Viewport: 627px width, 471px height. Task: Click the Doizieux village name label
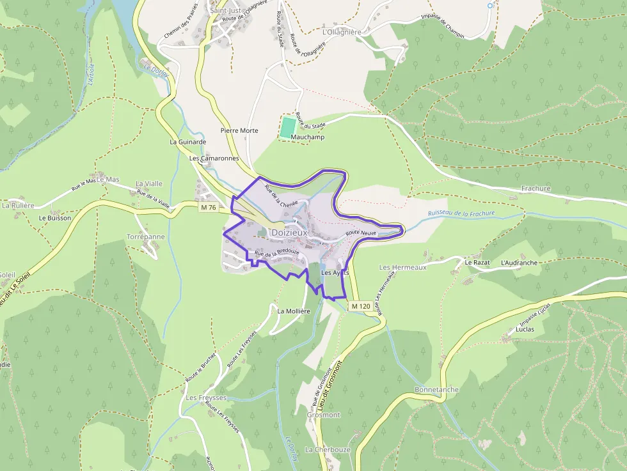289,233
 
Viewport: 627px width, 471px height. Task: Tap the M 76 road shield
209,207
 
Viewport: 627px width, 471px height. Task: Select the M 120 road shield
361,306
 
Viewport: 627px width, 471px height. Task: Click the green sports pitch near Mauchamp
288,126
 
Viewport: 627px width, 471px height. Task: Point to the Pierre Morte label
239,130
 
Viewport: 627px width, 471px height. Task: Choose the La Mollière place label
294,311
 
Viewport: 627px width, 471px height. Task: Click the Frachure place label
536,189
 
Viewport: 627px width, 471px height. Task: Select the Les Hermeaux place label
402,267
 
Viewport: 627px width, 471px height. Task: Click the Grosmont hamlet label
324,415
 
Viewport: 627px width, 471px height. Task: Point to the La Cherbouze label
328,449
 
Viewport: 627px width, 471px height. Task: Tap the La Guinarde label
187,142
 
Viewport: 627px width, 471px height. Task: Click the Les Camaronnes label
214,157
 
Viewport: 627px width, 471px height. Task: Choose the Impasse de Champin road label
442,18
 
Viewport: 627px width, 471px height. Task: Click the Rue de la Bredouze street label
276,254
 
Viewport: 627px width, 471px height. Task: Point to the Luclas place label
525,330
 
